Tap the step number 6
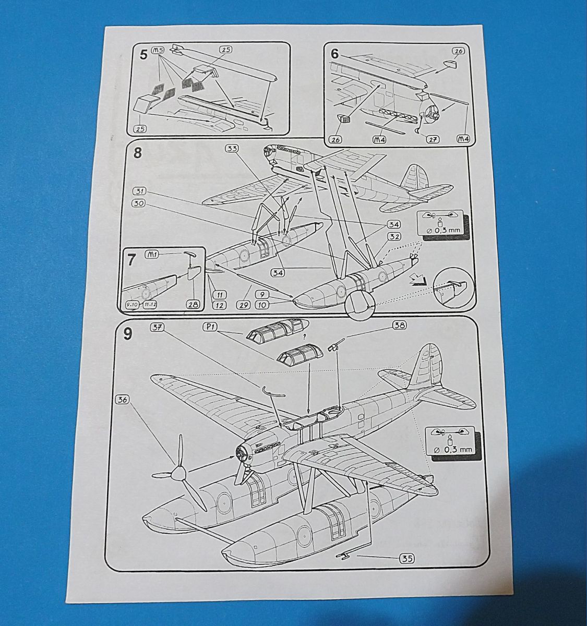click(334, 54)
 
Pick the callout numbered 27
click(432, 139)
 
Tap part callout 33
click(232, 148)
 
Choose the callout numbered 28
click(192, 305)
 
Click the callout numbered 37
click(157, 327)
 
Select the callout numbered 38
click(399, 325)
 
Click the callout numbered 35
click(407, 559)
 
